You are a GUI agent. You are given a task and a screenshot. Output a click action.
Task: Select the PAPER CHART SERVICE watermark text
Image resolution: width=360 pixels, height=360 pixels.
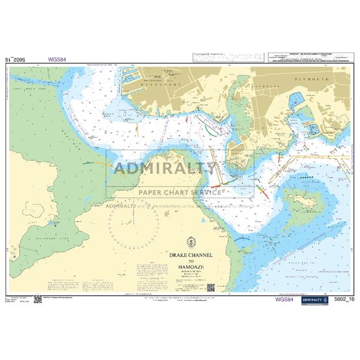point(179,192)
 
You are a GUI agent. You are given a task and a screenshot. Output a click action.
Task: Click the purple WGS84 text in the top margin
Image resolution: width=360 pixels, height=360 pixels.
point(56,59)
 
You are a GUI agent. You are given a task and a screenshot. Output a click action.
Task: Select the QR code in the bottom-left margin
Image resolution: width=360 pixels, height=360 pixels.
point(38,299)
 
